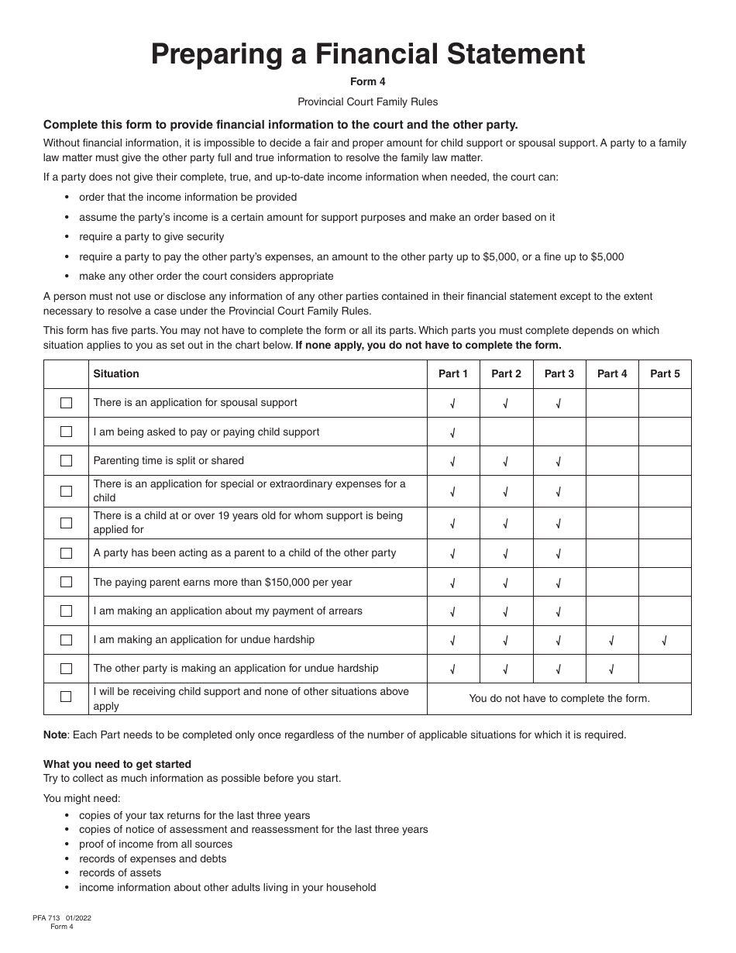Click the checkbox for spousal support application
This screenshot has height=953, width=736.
66,403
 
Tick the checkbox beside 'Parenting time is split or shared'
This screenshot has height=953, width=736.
66,461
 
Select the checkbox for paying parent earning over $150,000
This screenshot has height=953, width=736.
66,583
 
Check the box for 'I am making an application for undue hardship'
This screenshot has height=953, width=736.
66,640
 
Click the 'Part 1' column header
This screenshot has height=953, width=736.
453,373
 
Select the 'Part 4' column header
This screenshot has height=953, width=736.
612,373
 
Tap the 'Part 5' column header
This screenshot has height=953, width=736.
665,373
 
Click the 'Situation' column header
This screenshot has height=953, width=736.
116,373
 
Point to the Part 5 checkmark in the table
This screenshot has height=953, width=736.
665,641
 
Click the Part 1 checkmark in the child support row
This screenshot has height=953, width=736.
453,433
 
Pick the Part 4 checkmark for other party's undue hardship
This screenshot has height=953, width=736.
612,669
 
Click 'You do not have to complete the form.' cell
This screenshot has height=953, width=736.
559,698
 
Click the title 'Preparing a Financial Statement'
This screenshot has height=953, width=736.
368,54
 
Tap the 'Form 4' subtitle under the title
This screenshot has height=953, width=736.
368,81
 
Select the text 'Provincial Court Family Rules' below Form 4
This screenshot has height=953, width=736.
368,101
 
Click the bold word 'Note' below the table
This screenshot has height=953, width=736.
55,735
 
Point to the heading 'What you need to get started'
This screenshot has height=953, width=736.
117,764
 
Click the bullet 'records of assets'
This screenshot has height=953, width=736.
120,872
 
